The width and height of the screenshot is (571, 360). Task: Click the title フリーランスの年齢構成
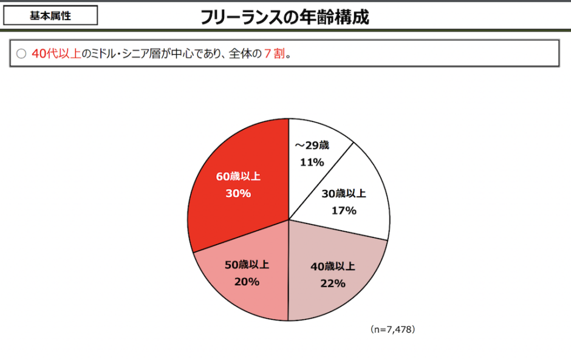pos(285,17)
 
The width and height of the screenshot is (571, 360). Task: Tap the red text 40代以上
pos(56,54)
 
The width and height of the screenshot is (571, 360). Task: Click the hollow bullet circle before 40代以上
pos(21,54)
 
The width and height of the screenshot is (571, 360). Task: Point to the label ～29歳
pos(312,146)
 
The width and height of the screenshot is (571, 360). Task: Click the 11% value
pos(312,162)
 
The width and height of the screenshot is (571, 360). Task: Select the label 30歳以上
pos(344,194)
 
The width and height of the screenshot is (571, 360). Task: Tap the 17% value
pos(344,211)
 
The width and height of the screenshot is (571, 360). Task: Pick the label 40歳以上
pos(332,267)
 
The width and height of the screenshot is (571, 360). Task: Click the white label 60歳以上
pos(238,177)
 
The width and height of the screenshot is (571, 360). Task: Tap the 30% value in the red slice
pos(238,194)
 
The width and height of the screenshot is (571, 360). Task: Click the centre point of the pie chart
pos(289,220)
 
